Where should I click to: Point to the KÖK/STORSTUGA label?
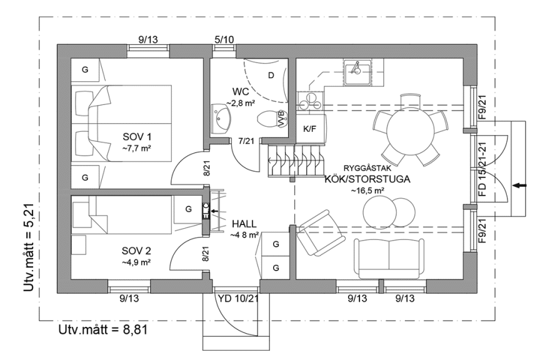(x=367, y=179)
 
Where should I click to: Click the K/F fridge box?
(x=309, y=129)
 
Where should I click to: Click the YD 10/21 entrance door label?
(x=238, y=299)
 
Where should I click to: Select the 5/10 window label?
(x=224, y=39)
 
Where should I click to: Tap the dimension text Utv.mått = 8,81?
(x=103, y=329)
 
